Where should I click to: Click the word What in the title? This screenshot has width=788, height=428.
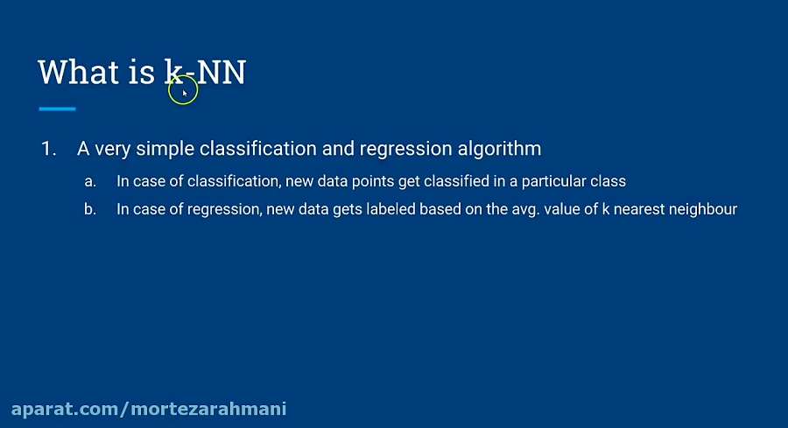pyautogui.click(x=78, y=72)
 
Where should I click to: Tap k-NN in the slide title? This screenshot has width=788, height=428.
pyautogui.click(x=206, y=72)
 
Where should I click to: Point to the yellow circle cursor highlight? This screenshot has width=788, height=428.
pyautogui.click(x=183, y=90)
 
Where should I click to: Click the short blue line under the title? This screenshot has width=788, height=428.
pyautogui.click(x=58, y=109)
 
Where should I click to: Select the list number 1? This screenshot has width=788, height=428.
pyautogui.click(x=47, y=149)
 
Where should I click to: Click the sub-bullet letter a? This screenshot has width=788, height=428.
pyautogui.click(x=89, y=182)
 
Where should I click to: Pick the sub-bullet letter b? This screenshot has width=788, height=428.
pyautogui.click(x=89, y=210)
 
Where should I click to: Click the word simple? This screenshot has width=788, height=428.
pyautogui.click(x=165, y=149)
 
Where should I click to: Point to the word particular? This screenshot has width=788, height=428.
pyautogui.click(x=555, y=182)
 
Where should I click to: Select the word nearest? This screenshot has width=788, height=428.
pyautogui.click(x=640, y=210)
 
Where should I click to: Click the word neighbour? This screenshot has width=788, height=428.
pyautogui.click(x=706, y=210)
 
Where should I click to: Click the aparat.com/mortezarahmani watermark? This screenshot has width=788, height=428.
pyautogui.click(x=148, y=409)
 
